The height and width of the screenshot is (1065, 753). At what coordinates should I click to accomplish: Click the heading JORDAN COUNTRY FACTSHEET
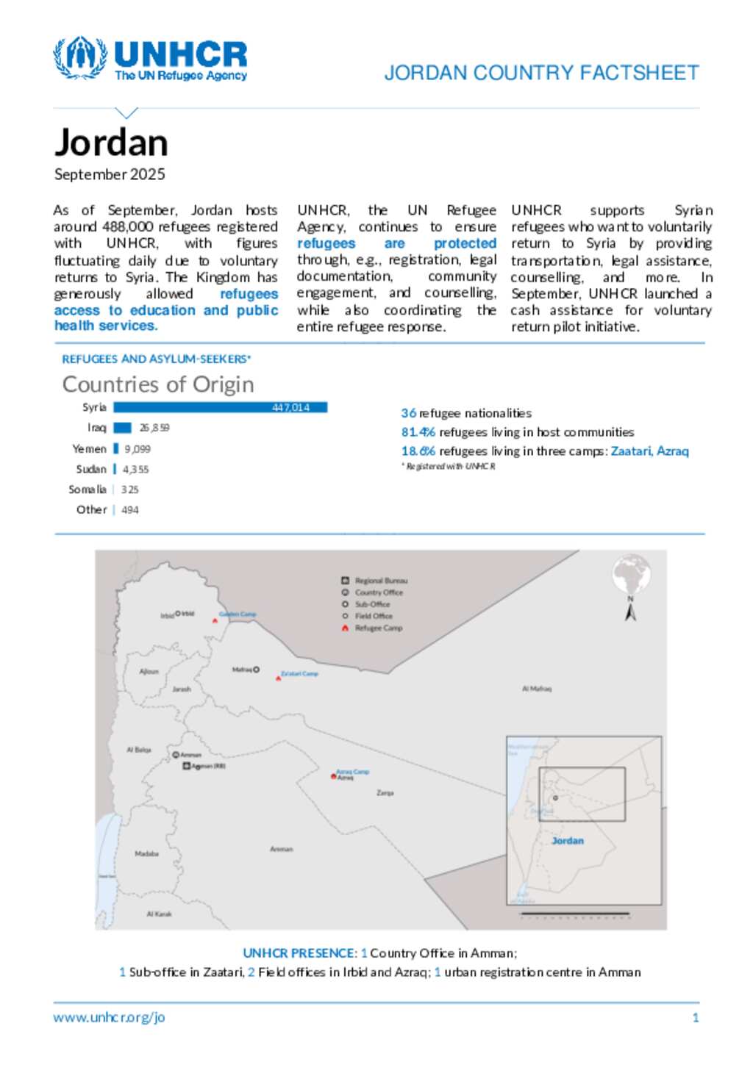(x=541, y=73)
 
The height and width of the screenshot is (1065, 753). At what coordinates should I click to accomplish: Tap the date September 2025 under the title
(x=110, y=174)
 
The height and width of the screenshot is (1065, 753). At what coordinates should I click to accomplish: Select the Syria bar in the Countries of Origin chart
(x=221, y=407)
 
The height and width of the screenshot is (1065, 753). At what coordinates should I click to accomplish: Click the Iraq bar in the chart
(x=123, y=428)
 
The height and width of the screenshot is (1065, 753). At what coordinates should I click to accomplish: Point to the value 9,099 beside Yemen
(x=138, y=448)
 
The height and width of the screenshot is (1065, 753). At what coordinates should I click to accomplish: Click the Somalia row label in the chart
(x=88, y=490)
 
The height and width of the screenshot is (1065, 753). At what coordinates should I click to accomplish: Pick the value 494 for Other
(x=130, y=510)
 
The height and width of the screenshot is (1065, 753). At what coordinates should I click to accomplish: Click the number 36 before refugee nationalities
(x=409, y=413)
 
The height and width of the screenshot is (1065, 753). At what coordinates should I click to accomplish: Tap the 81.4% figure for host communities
(x=418, y=432)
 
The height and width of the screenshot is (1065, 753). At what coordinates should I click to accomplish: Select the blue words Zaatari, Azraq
(x=649, y=451)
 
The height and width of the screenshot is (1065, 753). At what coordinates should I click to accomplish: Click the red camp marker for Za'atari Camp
(x=279, y=678)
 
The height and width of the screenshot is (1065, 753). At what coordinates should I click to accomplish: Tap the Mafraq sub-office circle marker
(x=257, y=670)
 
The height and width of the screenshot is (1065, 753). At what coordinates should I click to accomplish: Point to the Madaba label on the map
(x=147, y=854)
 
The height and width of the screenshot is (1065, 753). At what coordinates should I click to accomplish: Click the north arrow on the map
(x=630, y=611)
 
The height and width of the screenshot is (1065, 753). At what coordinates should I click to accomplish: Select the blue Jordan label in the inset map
(x=568, y=841)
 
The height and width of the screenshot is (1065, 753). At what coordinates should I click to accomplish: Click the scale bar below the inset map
(x=575, y=915)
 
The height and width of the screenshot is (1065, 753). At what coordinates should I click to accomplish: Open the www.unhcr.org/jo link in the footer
(x=109, y=1018)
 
